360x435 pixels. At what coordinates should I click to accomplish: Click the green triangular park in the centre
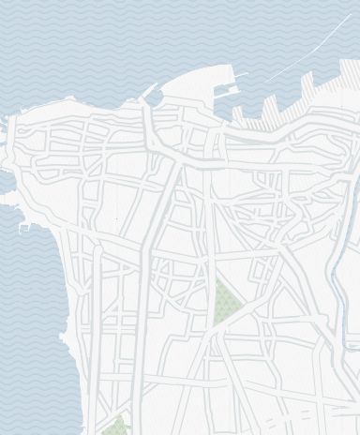pos(225,306)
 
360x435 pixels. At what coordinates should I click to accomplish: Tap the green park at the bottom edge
pos(116,427)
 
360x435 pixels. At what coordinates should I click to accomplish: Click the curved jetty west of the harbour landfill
pos(150,95)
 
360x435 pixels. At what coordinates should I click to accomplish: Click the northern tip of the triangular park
pos(220,282)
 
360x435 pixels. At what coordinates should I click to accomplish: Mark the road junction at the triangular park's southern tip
pos(213,328)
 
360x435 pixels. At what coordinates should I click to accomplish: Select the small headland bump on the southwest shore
pos(64,336)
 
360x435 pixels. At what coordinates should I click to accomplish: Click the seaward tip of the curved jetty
pos(156,83)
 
